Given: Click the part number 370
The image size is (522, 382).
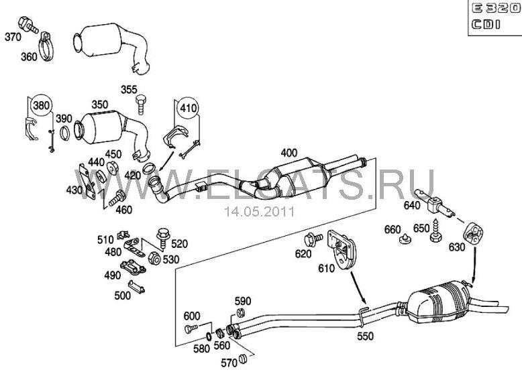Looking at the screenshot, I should coord(13,37).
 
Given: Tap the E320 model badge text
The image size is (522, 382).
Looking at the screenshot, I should coord(493,10).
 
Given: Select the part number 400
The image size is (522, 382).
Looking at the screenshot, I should coord(289,152).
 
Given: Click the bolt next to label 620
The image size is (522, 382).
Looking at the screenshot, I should coord(311,239).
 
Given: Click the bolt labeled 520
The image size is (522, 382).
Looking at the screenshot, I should coord(162,235).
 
